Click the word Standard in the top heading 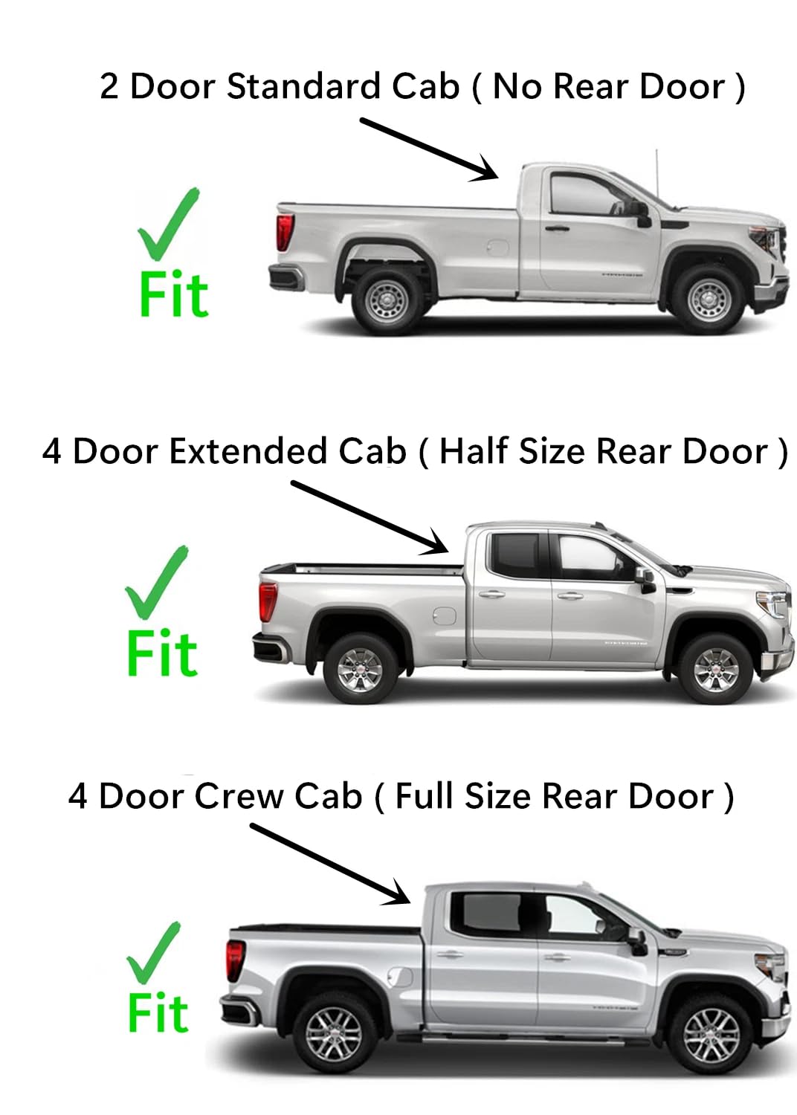tap(305, 86)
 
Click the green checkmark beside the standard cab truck tap(168, 223)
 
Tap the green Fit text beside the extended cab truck tap(162, 653)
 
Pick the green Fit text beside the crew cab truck tap(158, 1012)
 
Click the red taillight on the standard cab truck tap(284, 232)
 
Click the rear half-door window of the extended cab tap(517, 555)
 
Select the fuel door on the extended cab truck tap(443, 616)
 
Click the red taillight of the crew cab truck tap(235, 960)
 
